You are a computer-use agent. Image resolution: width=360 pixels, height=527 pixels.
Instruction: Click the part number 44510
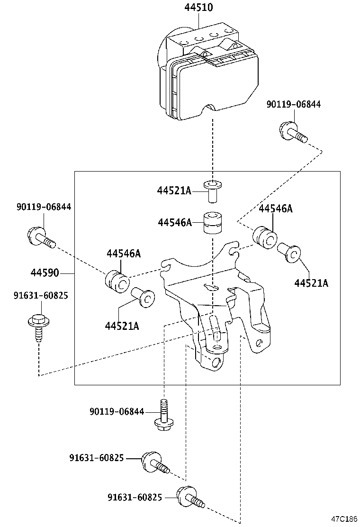click(198, 8)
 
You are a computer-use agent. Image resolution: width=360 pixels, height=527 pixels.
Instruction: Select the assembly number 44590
click(45, 273)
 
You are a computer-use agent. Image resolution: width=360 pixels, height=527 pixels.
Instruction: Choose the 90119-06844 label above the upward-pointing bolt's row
click(116, 412)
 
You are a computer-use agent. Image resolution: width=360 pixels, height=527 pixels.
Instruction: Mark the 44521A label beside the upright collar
click(174, 191)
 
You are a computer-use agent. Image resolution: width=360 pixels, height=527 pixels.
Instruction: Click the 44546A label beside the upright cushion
click(175, 222)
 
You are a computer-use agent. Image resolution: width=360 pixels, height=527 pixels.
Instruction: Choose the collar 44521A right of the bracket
click(289, 253)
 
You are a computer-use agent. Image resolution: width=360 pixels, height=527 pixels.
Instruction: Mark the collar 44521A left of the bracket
click(143, 298)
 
